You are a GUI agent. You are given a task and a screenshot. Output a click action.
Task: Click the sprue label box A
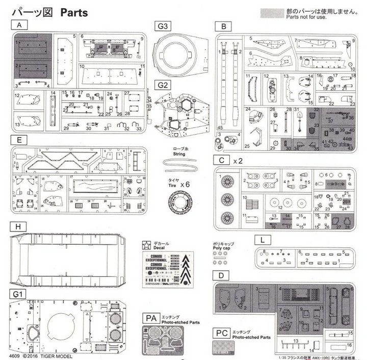click(x=19, y=25)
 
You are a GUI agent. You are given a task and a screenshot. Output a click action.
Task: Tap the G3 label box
click(x=164, y=25)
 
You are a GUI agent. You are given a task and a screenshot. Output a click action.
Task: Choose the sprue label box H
click(x=18, y=226)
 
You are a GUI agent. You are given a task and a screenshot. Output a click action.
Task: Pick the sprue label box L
click(x=261, y=239)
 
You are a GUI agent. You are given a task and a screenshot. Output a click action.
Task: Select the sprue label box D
click(x=220, y=276)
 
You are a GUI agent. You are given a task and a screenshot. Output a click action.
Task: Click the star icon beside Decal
click(x=146, y=243)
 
